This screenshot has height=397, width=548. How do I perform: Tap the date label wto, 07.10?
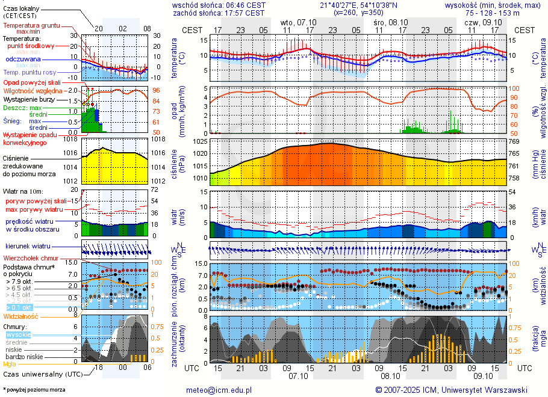297,22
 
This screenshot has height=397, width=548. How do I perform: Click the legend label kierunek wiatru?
28,247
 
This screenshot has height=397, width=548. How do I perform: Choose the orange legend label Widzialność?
21,316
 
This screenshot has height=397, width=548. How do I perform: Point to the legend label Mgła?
10,364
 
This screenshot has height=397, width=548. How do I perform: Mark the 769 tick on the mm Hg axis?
514,141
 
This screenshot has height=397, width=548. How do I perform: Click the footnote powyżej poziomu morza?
35,390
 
